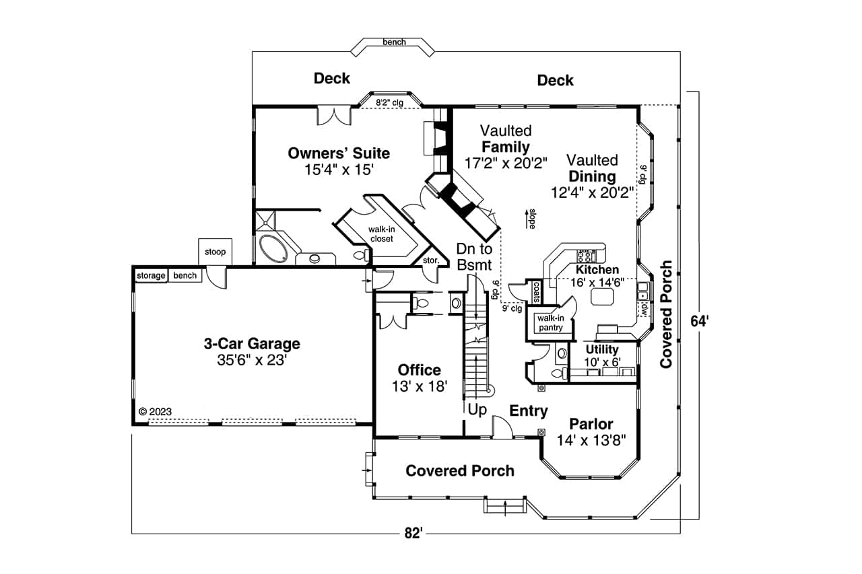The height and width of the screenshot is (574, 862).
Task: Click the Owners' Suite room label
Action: pyautogui.click(x=339, y=153)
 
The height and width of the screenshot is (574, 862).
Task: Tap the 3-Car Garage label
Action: pyautogui.click(x=252, y=344)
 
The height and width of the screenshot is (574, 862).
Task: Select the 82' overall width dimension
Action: pyautogui.click(x=413, y=534)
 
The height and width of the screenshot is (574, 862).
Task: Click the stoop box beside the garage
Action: pyautogui.click(x=215, y=252)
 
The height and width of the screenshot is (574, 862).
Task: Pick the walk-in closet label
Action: pyautogui.click(x=380, y=234)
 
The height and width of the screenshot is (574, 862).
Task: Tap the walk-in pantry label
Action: pyautogui.click(x=550, y=322)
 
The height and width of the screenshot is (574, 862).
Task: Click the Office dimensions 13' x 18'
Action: pyautogui.click(x=419, y=386)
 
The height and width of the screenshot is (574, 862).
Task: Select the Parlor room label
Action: pyautogui.click(x=591, y=424)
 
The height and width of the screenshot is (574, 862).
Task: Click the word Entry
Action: pyautogui.click(x=528, y=410)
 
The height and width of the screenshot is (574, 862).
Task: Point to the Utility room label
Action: pyautogui.click(x=601, y=349)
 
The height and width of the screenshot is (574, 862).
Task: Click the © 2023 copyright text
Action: pyautogui.click(x=156, y=411)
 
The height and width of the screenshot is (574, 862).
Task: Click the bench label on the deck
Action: pyautogui.click(x=394, y=42)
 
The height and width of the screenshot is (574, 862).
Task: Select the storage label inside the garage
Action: pyautogui.click(x=151, y=275)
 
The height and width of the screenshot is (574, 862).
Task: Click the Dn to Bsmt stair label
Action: pyautogui.click(x=474, y=256)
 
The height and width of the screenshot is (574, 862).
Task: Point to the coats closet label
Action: pyautogui.click(x=537, y=291)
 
